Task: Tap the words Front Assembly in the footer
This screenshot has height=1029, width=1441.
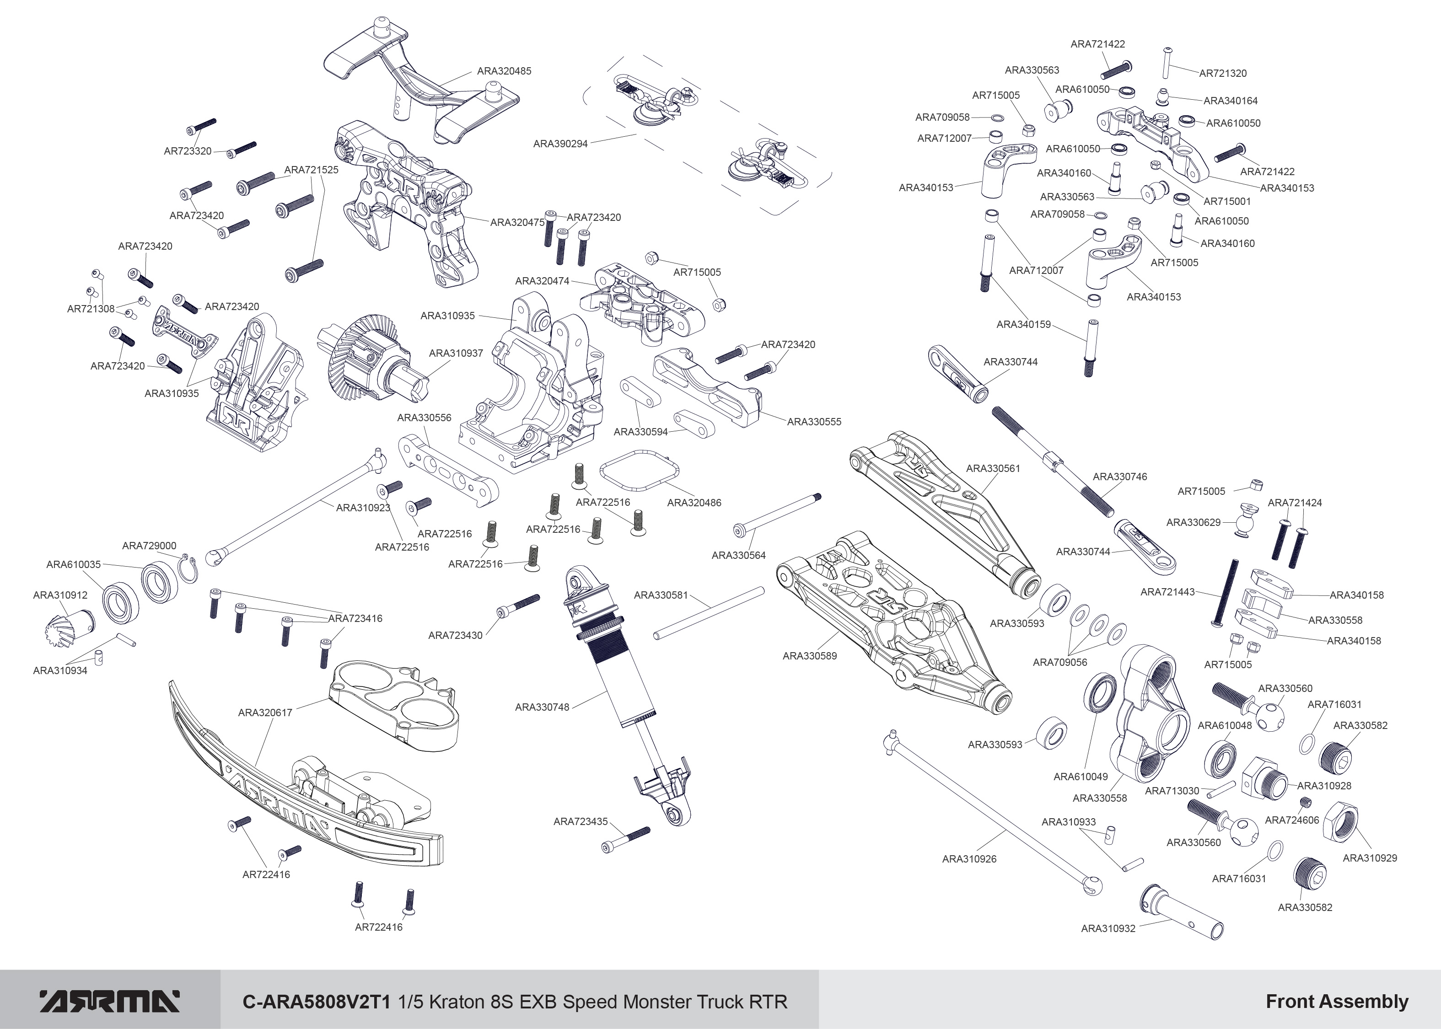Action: tap(1337, 1002)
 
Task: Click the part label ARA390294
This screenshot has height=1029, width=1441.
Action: tap(560, 144)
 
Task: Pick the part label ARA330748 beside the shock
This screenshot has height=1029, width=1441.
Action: tap(542, 707)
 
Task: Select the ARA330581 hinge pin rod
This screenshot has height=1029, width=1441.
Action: tap(709, 613)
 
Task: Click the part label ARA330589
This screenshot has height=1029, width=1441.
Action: tap(809, 656)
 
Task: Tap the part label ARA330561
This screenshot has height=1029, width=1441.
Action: tap(993, 468)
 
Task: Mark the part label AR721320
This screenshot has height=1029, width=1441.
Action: tap(1222, 74)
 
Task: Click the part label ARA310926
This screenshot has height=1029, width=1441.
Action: tap(969, 859)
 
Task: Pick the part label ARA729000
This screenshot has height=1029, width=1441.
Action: tap(149, 546)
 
